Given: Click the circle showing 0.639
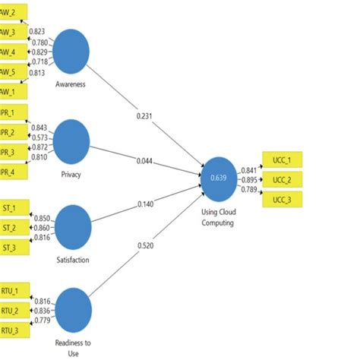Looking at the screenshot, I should tap(219, 177).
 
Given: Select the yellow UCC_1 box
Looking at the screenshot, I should tap(282, 160).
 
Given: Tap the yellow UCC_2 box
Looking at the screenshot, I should tap(282, 180).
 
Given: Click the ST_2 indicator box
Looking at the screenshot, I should tap(11, 227).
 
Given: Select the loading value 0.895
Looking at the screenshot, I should tap(248, 179).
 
